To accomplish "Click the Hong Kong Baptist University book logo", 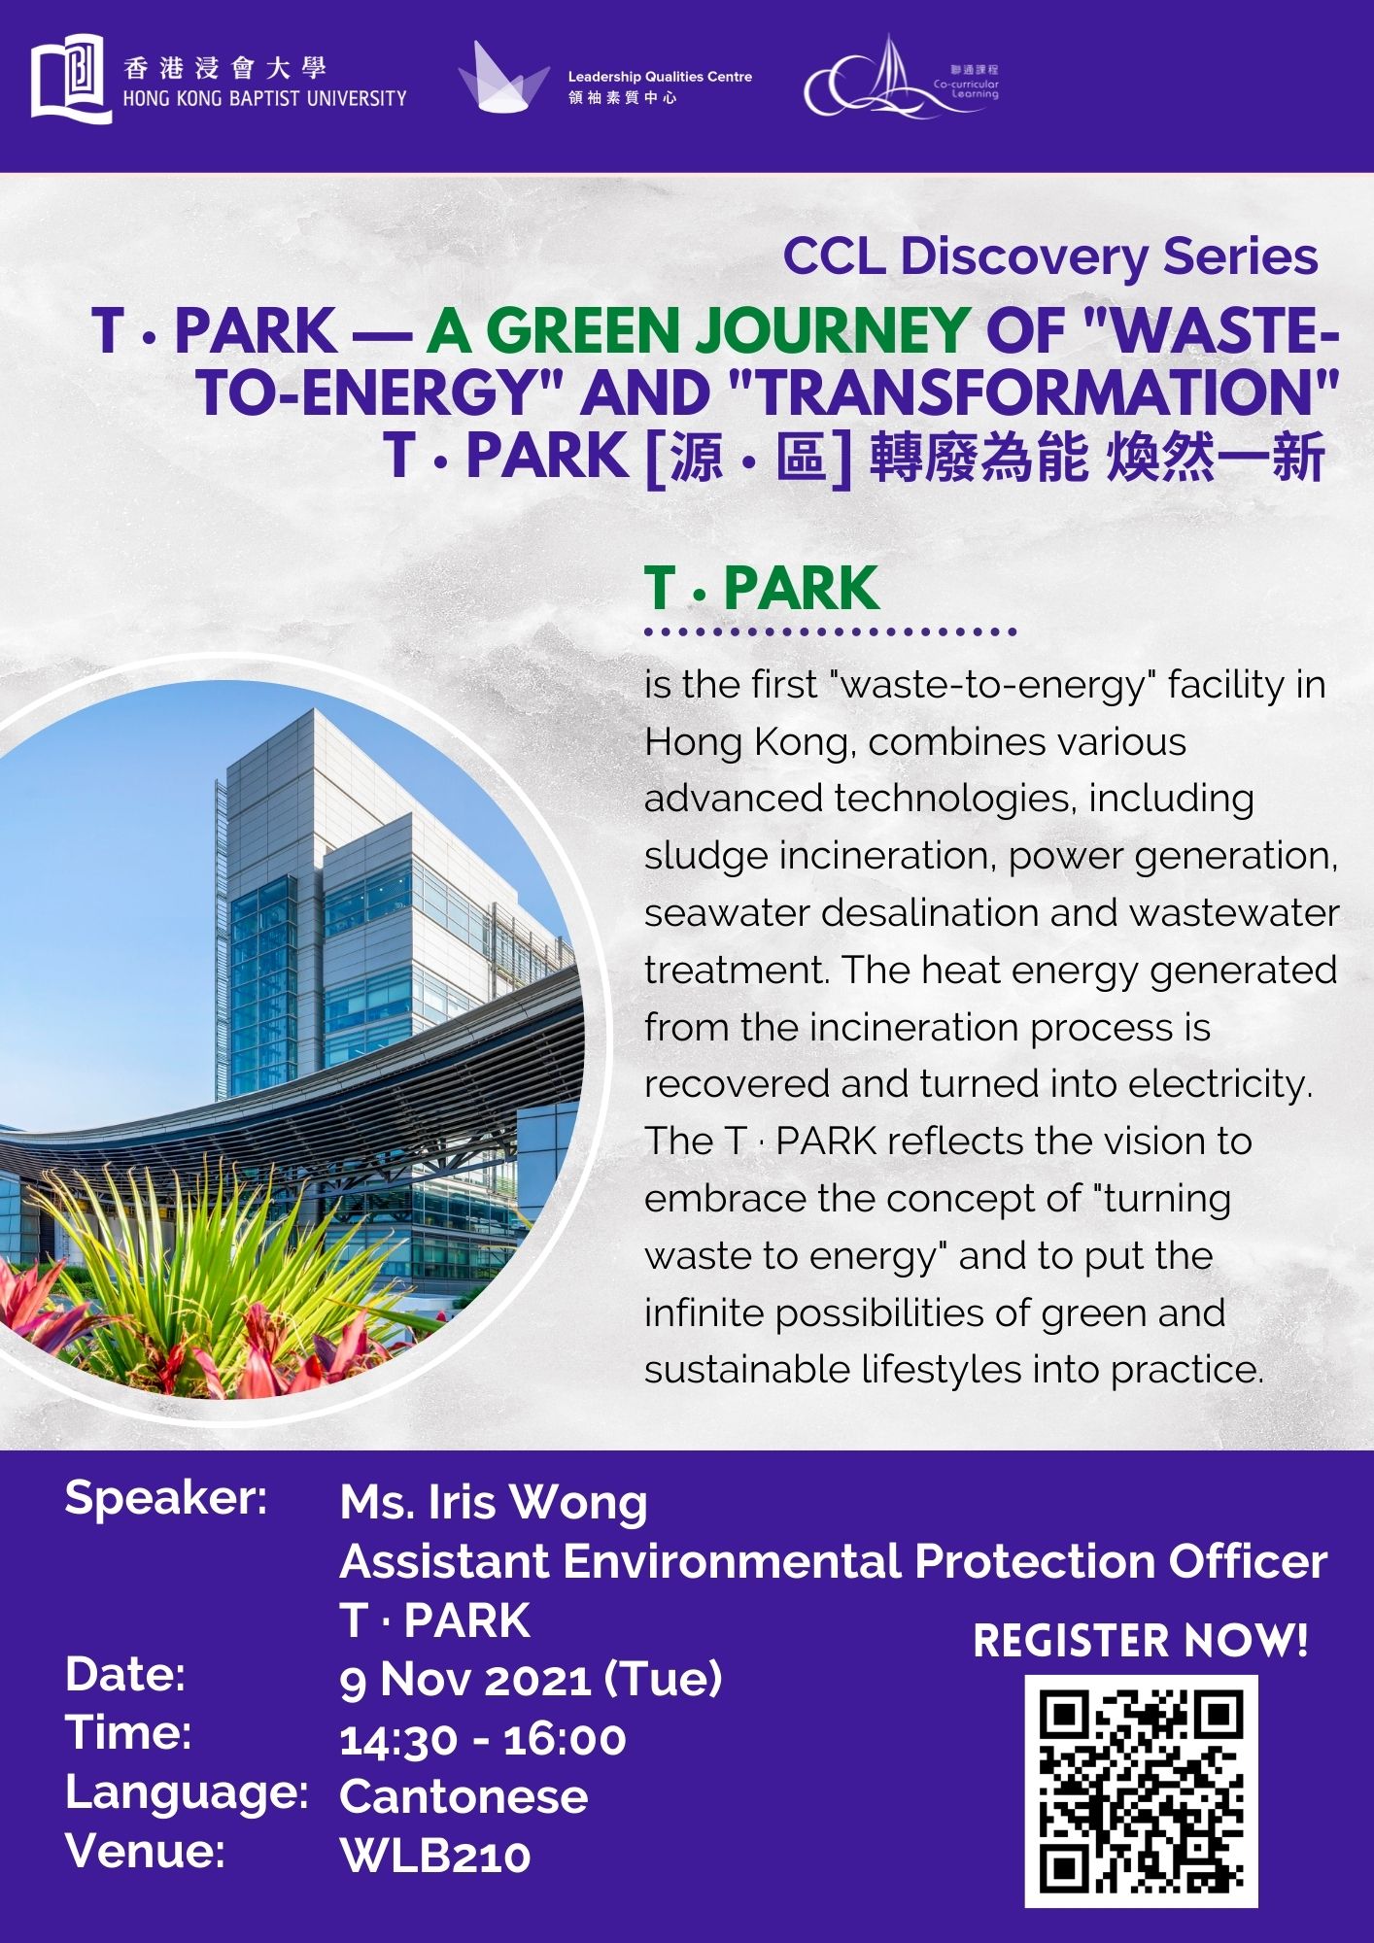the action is (x=72, y=78).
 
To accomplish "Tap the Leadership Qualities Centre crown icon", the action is (x=503, y=77).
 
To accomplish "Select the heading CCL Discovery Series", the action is (x=1050, y=256).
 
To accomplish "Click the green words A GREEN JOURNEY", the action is (x=698, y=330).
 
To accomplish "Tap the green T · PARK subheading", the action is (x=761, y=588).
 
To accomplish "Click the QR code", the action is (x=1141, y=1790).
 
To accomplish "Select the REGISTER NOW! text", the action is (x=1141, y=1641).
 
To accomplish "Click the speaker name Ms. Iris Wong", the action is (x=494, y=1502).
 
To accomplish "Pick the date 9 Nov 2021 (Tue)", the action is (x=531, y=1679).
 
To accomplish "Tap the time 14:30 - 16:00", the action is (x=483, y=1739).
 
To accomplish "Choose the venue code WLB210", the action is (x=435, y=1857).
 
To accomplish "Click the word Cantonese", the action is (x=464, y=1796).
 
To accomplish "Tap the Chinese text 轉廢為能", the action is (x=979, y=457).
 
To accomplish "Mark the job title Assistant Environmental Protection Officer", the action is (x=834, y=1561).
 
